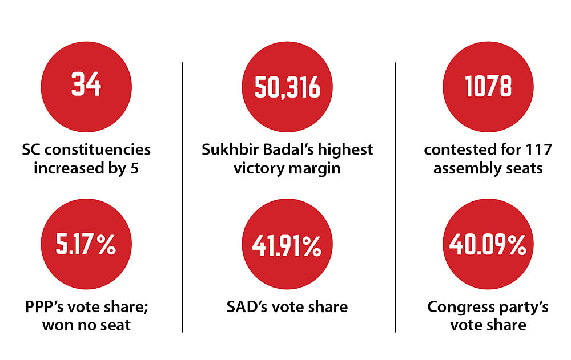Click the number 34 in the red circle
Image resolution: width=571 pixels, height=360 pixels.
(x=86, y=84)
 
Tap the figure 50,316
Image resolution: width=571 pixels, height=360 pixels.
(x=287, y=87)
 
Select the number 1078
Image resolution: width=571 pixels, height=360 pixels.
(x=488, y=86)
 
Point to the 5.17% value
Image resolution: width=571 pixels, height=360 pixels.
(x=86, y=244)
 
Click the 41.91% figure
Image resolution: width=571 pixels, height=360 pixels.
(x=287, y=246)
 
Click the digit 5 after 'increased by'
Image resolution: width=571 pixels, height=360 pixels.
(x=134, y=168)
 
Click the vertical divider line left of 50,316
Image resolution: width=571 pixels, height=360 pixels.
(x=183, y=197)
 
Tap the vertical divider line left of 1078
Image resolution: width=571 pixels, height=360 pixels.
(x=395, y=197)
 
